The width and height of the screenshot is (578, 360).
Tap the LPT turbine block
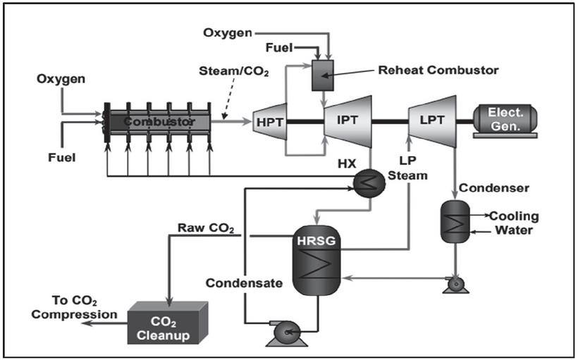point(431,120)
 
